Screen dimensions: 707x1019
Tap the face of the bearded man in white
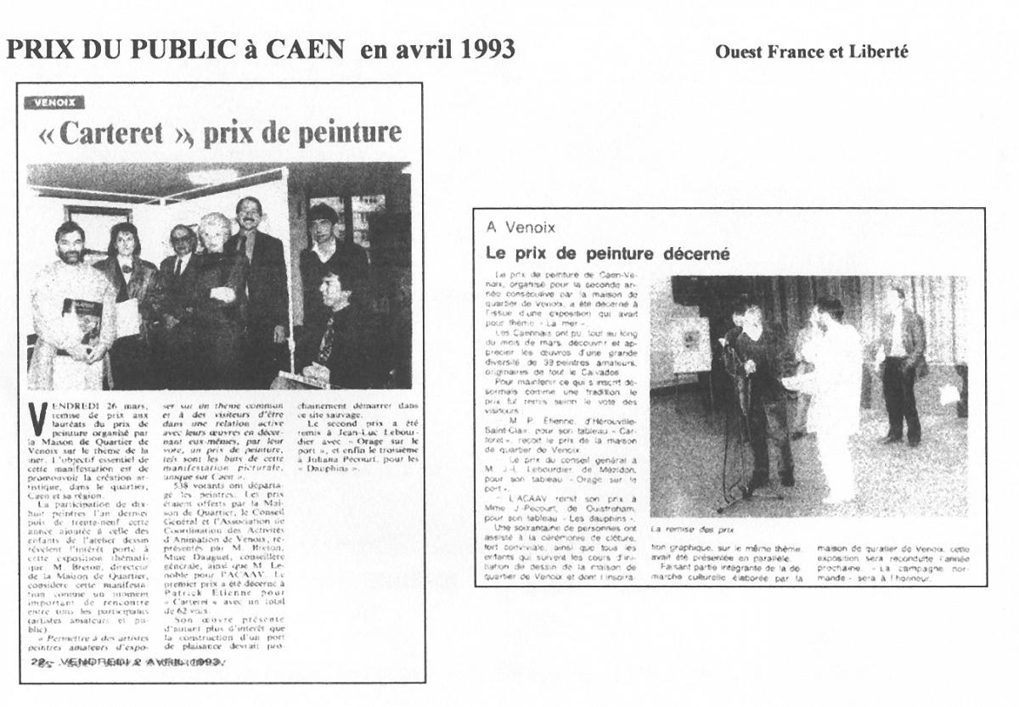70,244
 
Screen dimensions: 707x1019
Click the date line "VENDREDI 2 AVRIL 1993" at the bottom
127,661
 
